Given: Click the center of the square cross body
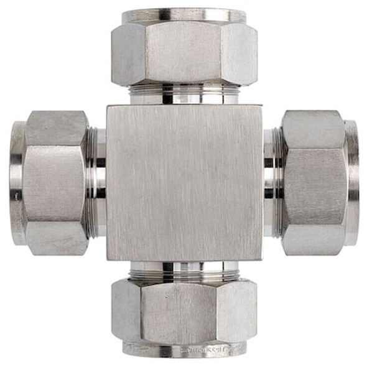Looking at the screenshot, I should tap(184, 182).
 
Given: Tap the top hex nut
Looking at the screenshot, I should tap(184, 53).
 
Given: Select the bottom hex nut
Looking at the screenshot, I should tap(184, 310).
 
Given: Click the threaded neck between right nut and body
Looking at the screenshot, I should tap(272, 182).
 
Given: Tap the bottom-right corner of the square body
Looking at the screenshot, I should tap(261, 258).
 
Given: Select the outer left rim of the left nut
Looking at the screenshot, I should tap(17, 183).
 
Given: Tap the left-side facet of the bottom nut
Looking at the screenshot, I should tap(126, 310).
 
